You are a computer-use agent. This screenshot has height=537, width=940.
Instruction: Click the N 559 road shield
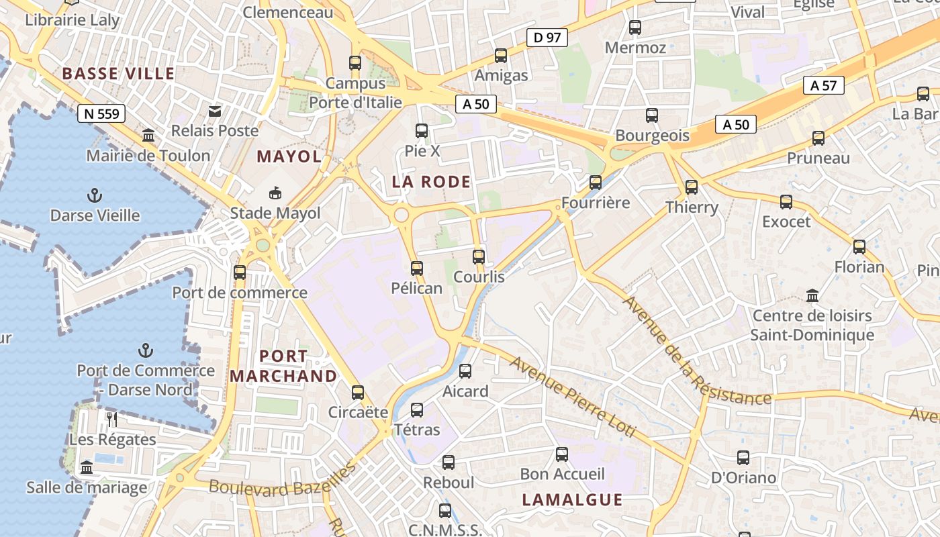[101, 113]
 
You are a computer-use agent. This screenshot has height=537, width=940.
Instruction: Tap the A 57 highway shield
[823, 85]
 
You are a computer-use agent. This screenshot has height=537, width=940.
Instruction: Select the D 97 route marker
[547, 38]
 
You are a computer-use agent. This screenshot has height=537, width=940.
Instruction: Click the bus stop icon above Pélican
[417, 268]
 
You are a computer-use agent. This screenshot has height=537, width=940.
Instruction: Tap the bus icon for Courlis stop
[479, 256]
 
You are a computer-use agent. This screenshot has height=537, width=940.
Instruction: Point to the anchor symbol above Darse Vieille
[95, 196]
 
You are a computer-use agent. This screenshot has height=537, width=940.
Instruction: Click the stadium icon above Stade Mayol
[275, 193]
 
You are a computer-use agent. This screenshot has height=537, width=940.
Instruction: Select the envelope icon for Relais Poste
[215, 111]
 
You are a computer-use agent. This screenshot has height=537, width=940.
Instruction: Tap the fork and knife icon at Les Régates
[112, 420]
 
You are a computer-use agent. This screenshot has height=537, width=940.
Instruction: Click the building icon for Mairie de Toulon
[148, 136]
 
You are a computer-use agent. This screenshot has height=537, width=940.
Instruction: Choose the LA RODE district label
[431, 182]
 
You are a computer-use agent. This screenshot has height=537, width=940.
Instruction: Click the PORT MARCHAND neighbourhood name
[283, 366]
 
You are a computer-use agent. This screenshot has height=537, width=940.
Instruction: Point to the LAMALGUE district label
[572, 499]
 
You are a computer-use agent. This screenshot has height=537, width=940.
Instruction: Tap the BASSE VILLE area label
[118, 74]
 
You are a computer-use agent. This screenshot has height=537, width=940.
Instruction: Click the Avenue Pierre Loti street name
[571, 397]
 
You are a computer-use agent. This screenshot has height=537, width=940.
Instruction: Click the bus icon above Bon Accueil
[562, 454]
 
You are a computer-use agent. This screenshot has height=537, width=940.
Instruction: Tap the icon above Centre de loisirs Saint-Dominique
[812, 295]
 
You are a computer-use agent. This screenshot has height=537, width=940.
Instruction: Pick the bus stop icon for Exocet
[786, 201]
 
